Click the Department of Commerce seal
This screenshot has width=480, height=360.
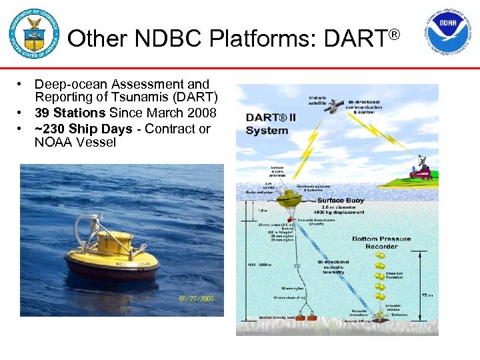click(34, 34)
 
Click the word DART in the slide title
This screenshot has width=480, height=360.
click(355, 39)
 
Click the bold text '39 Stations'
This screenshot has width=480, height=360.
click(70, 113)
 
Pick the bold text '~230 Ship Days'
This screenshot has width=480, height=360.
click(83, 129)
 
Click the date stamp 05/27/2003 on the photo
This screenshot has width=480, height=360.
click(196, 299)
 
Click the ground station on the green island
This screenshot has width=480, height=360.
click(419, 170)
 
